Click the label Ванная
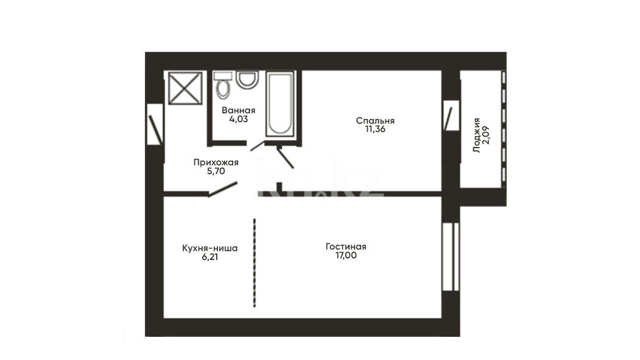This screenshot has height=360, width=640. (239, 110)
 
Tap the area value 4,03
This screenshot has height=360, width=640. (239, 119)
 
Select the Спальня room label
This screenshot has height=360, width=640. (375, 120)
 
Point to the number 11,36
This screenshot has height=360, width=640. (375, 129)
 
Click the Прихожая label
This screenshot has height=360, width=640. (216, 163)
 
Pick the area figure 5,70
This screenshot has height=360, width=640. (216, 171)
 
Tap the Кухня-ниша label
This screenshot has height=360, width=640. (210, 248)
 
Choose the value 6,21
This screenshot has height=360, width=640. (210, 257)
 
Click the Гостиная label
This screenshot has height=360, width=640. (346, 246)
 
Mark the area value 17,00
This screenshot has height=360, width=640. (346, 256)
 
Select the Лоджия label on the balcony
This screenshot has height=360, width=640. (476, 135)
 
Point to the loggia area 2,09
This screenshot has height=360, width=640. (486, 135)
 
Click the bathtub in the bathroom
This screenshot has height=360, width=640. (279, 104)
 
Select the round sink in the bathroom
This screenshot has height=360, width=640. (247, 80)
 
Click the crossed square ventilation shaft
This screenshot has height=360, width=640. (185, 88)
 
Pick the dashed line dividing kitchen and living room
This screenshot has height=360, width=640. (254, 263)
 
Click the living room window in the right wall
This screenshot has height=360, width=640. (451, 256)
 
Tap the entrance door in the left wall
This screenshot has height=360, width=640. (155, 124)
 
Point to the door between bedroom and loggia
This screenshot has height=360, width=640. (451, 116)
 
